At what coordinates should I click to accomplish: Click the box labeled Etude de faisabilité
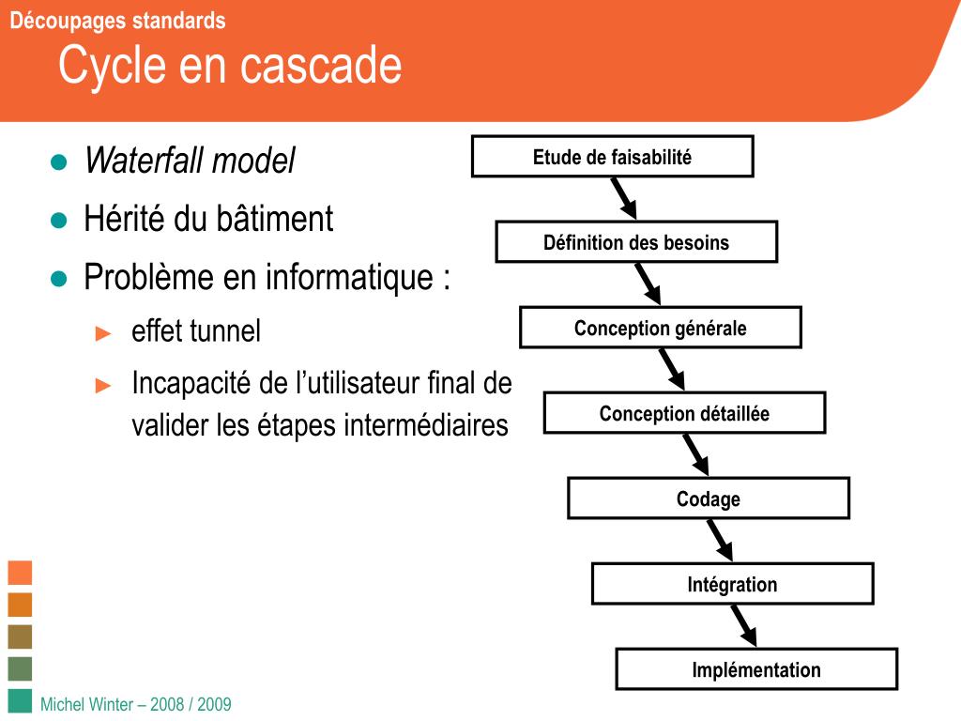click(x=612, y=157)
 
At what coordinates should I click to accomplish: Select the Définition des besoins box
click(x=636, y=242)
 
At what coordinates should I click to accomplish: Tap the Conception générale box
click(x=660, y=328)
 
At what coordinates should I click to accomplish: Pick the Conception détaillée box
click(x=684, y=413)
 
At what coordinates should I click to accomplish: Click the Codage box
click(x=709, y=499)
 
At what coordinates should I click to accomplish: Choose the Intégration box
click(x=732, y=584)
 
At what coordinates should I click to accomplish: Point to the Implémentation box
click(x=756, y=669)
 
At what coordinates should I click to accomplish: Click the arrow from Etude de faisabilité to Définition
click(x=624, y=198)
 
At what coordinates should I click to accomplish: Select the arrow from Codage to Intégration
click(x=720, y=540)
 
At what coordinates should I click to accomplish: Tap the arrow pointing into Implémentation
click(x=743, y=625)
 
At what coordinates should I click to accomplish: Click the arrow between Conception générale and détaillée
click(x=672, y=369)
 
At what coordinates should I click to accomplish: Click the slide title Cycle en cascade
click(x=230, y=66)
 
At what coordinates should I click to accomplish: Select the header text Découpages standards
click(x=117, y=21)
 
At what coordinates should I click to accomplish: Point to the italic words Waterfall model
click(x=190, y=161)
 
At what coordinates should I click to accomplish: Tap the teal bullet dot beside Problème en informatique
click(x=59, y=279)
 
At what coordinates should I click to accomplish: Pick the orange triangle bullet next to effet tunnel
click(x=104, y=332)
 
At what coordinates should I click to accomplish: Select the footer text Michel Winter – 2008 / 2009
click(x=136, y=704)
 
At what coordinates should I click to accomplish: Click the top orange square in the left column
click(x=20, y=572)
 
